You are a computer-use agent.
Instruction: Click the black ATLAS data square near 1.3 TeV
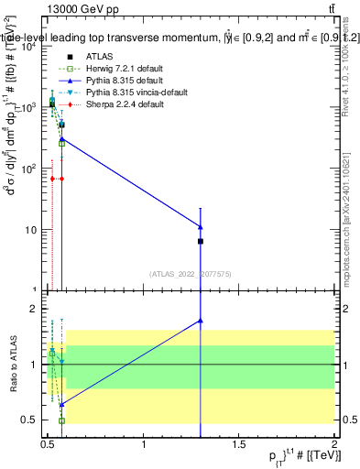pyautogui.click(x=201, y=241)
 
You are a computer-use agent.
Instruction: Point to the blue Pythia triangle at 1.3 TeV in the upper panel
pyautogui.click(x=201, y=226)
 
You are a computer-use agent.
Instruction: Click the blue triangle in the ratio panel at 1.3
pyautogui.click(x=201, y=321)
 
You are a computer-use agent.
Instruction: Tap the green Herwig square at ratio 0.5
pyautogui.click(x=61, y=420)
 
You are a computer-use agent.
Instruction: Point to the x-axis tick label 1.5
pyautogui.click(x=239, y=446)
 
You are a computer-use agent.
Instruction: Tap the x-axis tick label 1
pyautogui.click(x=144, y=446)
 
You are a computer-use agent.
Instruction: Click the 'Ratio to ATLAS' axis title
pyautogui.click(x=12, y=364)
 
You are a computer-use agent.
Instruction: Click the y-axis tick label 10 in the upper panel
pyautogui.click(x=33, y=230)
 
